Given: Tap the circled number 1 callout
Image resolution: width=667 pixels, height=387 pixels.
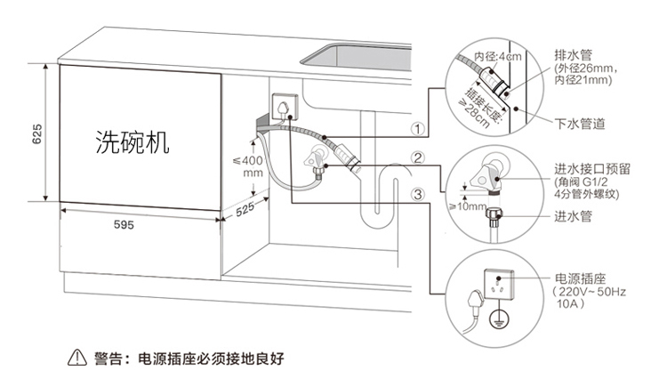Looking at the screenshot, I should [x=415, y=128].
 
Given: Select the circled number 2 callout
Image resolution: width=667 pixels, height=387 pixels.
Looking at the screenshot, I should [x=415, y=160].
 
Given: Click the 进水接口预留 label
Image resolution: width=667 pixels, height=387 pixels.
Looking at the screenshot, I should [x=591, y=168].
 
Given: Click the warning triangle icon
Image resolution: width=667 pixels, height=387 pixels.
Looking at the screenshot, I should [x=75, y=359].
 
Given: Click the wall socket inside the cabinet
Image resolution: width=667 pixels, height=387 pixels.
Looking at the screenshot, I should [x=282, y=107].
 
